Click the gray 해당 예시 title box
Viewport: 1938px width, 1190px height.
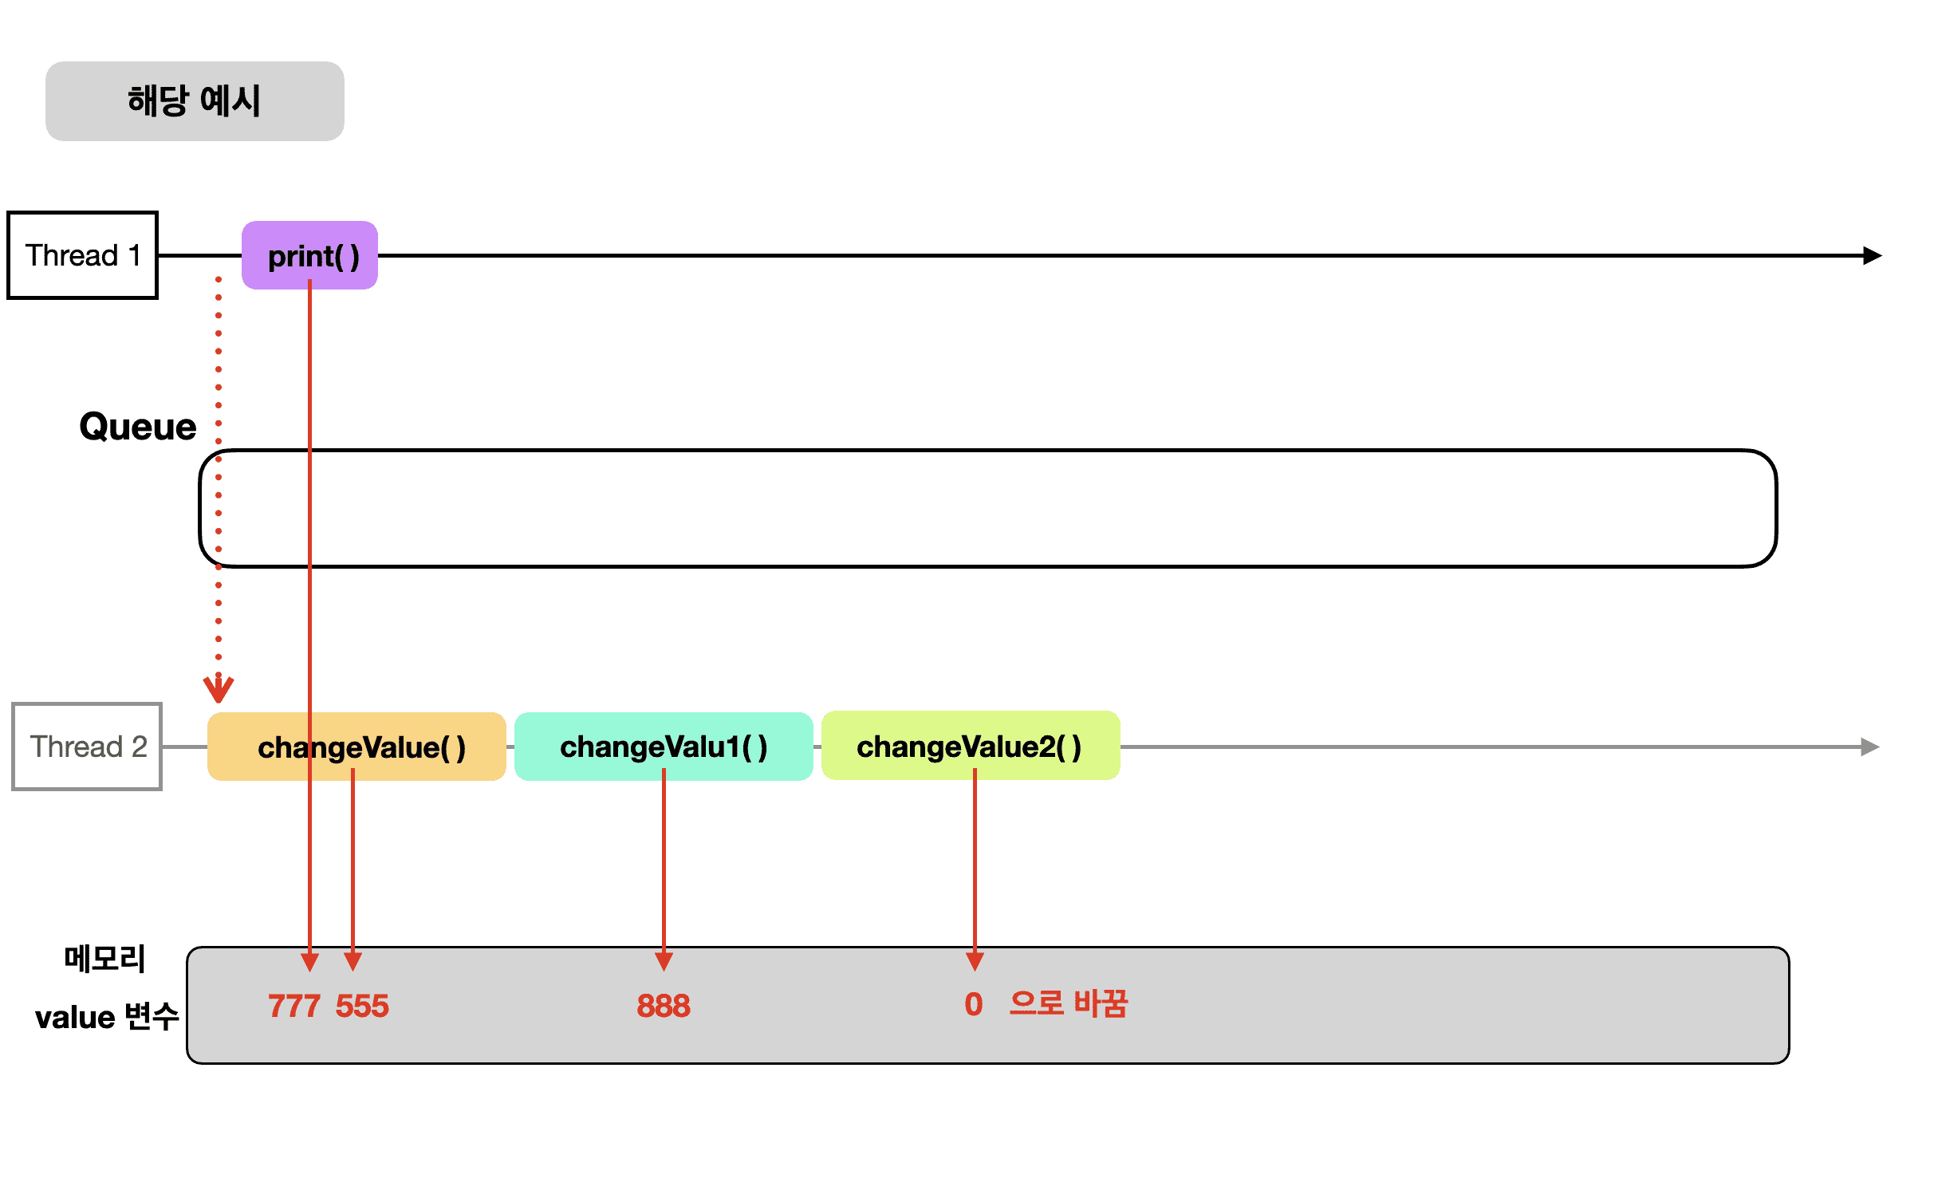[195, 101]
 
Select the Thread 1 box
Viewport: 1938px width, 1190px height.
[82, 255]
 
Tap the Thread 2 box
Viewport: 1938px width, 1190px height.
[87, 747]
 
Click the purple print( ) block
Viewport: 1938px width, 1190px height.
[309, 255]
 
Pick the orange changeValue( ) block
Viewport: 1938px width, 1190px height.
[356, 747]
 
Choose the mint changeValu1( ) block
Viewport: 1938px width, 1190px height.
[664, 747]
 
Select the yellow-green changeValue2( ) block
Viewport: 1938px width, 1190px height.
[971, 746]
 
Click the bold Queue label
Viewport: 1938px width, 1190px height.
[138, 427]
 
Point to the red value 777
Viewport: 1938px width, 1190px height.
[293, 1006]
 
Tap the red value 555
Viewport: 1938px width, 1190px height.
[362, 1006]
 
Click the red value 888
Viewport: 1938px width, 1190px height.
[664, 1006]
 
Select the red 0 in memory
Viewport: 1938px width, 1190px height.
[973, 1004]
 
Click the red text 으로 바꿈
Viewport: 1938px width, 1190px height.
[1068, 1003]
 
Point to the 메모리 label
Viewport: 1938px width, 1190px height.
[104, 959]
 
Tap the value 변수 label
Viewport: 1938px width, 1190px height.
[107, 1017]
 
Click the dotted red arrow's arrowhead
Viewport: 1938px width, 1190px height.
[219, 689]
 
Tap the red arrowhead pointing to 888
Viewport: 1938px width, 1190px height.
[664, 960]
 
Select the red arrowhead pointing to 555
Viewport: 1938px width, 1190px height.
[353, 960]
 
